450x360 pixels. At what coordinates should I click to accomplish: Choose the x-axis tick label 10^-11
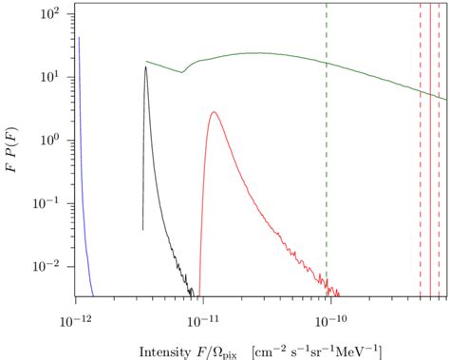tap(201, 313)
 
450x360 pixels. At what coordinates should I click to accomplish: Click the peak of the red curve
tap(214, 112)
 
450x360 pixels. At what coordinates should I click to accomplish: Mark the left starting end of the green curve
tap(146, 62)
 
